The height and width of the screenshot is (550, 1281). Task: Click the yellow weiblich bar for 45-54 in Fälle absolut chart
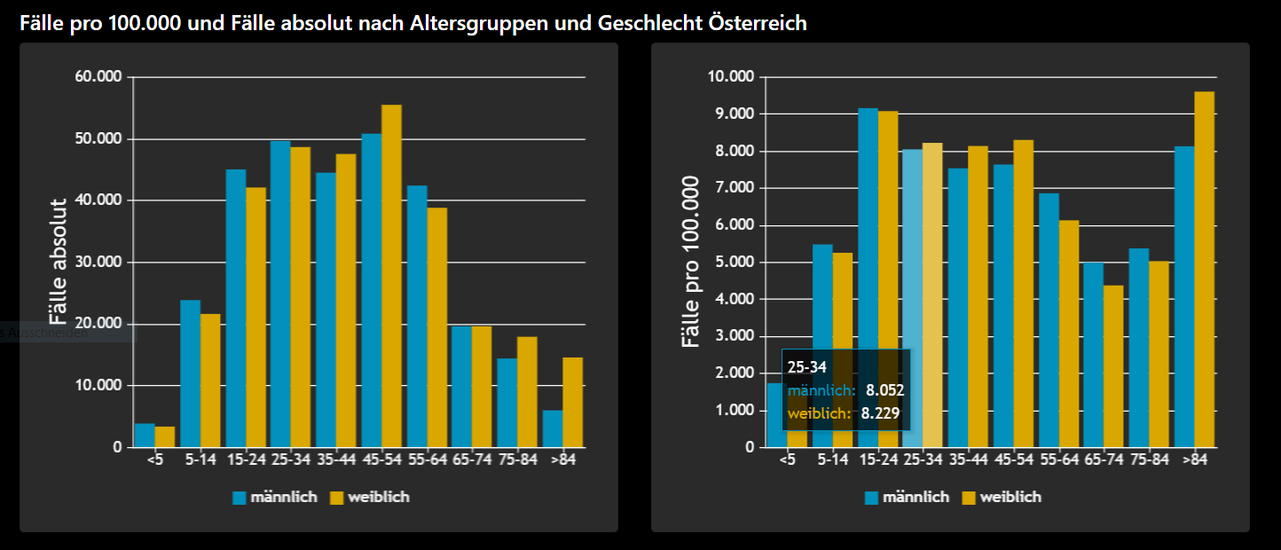click(x=391, y=275)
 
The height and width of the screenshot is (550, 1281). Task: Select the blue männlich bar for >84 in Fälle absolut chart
click(x=552, y=428)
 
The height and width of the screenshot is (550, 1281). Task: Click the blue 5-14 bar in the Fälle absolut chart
click(x=190, y=373)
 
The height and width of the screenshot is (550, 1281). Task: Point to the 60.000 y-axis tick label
click(x=98, y=77)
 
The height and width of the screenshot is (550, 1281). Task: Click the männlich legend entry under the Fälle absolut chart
click(x=276, y=498)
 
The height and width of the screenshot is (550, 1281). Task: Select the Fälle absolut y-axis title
click(x=58, y=262)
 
